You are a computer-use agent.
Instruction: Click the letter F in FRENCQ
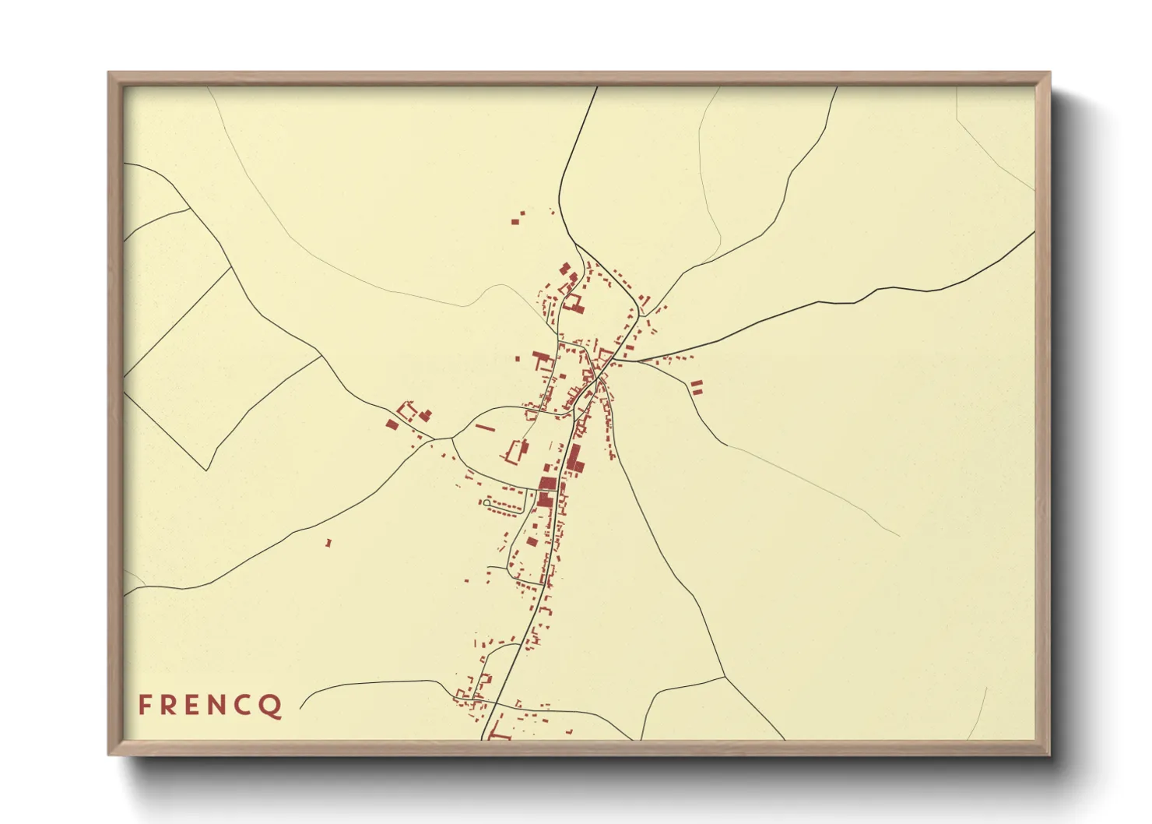(x=144, y=705)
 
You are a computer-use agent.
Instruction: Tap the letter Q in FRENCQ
(x=272, y=706)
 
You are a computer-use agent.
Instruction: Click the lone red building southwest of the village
(x=328, y=543)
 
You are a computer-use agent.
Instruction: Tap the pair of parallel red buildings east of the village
(x=697, y=386)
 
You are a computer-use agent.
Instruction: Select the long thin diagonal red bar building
(x=485, y=427)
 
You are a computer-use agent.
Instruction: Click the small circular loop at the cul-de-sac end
(x=486, y=503)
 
